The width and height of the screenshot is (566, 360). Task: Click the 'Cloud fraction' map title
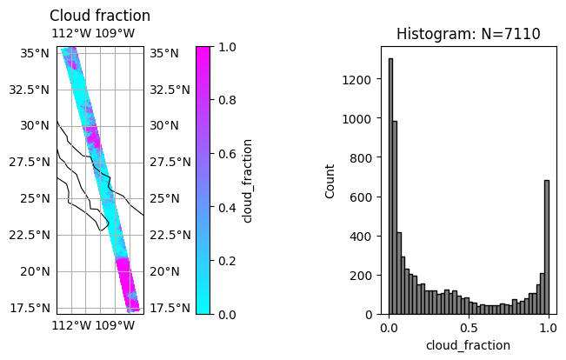tap(100, 16)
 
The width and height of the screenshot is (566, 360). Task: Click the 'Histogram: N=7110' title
tap(468, 34)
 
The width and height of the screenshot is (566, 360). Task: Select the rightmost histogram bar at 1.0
tap(546, 247)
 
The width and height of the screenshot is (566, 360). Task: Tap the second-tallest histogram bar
tap(395, 217)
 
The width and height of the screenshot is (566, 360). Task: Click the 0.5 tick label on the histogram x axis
tap(468, 330)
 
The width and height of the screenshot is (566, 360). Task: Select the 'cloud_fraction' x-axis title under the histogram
tap(468, 345)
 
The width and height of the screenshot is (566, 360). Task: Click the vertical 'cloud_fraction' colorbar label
tap(248, 180)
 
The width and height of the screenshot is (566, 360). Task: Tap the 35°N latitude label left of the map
tap(34, 53)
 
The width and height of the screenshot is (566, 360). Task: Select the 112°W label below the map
tap(72, 325)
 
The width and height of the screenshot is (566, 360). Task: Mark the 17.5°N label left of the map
tap(30, 308)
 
